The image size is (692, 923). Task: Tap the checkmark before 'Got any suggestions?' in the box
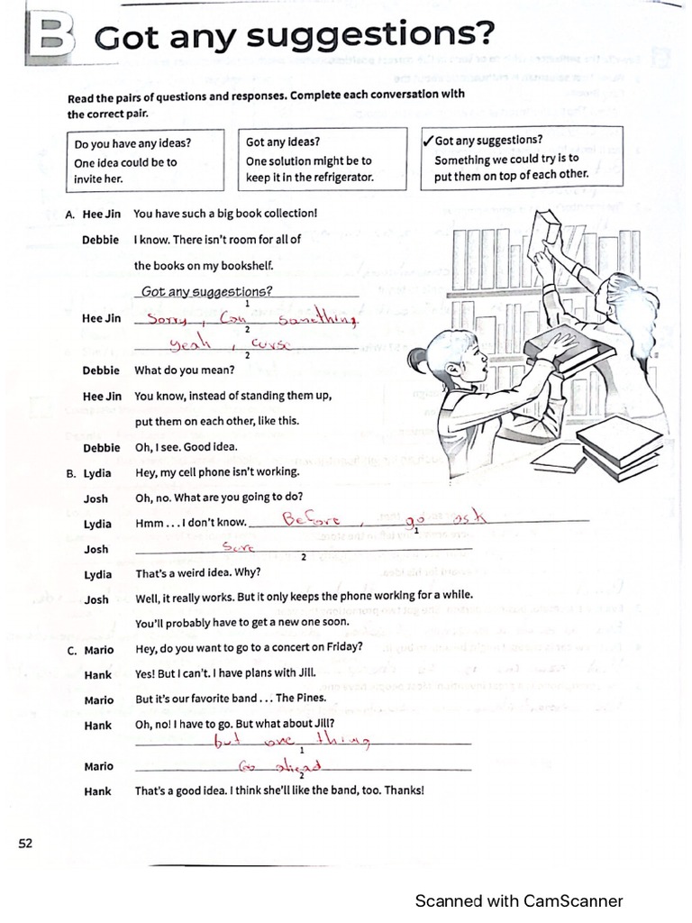427,141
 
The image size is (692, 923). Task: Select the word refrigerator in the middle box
337,178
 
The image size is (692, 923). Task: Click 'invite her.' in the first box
98,178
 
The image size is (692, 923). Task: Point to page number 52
24,843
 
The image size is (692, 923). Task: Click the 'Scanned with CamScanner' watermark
518,900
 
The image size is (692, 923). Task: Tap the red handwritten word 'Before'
308,519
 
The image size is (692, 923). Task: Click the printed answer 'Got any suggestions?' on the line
207,291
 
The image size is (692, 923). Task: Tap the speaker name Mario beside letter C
98,649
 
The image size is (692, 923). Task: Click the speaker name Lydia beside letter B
97,472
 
